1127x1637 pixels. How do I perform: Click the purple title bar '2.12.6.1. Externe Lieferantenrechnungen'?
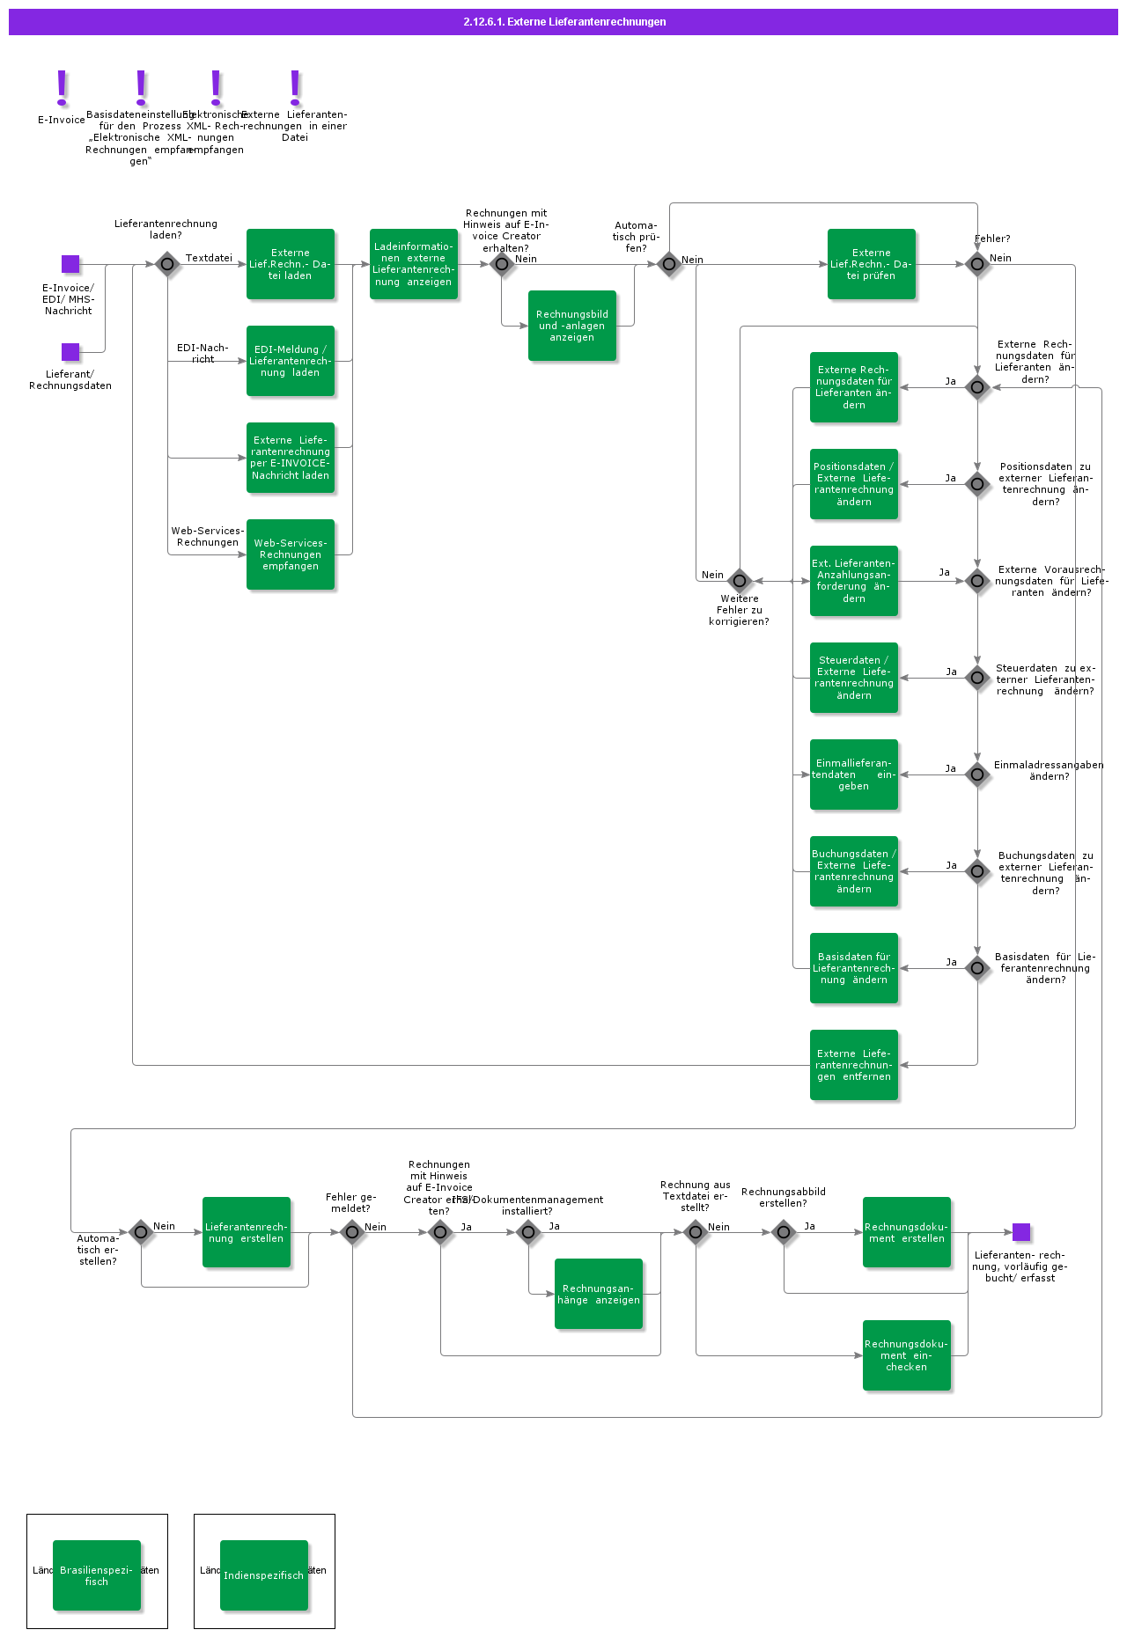[563, 22]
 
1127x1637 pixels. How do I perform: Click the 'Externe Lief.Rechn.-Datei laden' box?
[291, 264]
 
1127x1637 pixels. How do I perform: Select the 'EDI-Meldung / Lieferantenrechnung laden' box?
[291, 361]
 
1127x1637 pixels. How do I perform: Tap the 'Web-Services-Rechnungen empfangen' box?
[291, 554]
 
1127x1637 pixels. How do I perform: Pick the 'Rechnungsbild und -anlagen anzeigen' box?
[572, 326]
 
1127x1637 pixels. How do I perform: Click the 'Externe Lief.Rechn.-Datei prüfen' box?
[872, 264]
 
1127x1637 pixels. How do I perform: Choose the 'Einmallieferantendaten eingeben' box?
[854, 774]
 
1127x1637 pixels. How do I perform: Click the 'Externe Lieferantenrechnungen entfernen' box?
[854, 1065]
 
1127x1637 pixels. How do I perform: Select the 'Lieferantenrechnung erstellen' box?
[247, 1232]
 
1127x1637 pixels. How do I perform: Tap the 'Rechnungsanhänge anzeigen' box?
[599, 1294]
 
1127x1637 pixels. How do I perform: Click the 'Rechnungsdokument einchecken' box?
[907, 1355]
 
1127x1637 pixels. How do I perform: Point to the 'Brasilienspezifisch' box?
[97, 1575]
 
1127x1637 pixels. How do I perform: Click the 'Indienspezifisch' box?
[264, 1575]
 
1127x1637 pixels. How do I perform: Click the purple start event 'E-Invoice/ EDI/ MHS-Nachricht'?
[70, 264]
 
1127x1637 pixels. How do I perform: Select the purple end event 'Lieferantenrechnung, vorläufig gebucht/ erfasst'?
[1021, 1232]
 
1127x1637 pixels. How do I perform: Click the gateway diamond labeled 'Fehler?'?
[977, 264]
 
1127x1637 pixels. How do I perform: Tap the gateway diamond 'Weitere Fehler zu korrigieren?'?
[740, 581]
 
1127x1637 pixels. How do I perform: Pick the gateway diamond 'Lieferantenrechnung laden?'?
[167, 264]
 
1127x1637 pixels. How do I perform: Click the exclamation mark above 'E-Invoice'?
[62, 88]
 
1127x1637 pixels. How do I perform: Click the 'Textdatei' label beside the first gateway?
[209, 258]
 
